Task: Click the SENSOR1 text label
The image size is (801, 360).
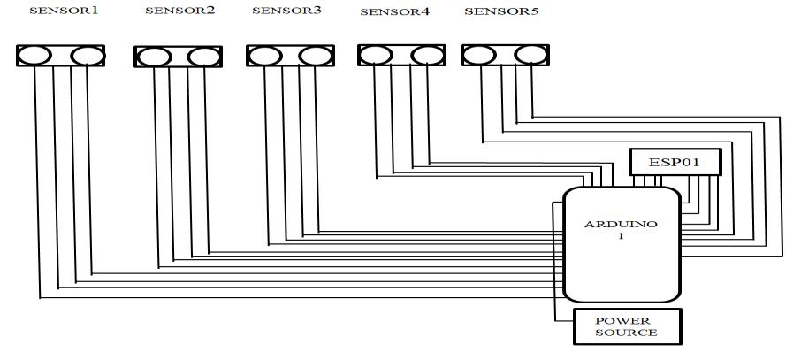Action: pos(64,11)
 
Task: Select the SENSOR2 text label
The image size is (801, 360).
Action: pos(179,11)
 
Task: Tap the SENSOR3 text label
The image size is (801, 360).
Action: pos(287,11)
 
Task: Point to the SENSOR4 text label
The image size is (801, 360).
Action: pos(395,12)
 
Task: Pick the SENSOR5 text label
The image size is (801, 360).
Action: pos(501,11)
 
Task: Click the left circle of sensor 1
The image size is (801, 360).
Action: pos(35,56)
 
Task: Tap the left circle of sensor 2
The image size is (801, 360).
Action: pos(154,57)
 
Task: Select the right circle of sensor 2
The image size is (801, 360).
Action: pos(202,57)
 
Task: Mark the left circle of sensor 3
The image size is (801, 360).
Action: pos(265,57)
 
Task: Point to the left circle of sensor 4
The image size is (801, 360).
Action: pos(377,56)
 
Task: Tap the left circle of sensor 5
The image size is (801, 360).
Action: pos(478,56)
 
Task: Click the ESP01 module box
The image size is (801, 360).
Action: pos(675,162)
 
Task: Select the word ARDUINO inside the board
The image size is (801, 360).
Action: pos(621,225)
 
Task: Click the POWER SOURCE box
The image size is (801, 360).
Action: pos(627,326)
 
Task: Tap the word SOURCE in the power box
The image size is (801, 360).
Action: pos(627,333)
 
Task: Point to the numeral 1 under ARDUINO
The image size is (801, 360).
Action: pos(621,237)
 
